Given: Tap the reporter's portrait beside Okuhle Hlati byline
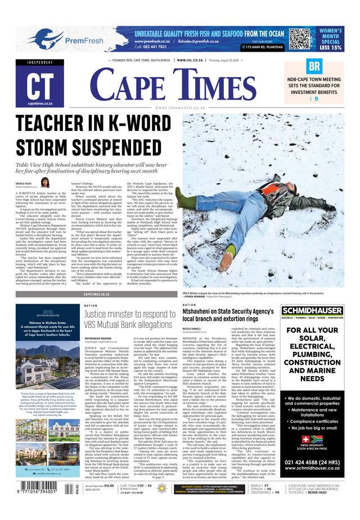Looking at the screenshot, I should point(44,182).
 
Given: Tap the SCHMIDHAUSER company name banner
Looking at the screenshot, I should point(312,310).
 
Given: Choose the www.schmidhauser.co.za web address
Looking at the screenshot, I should point(312,471).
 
